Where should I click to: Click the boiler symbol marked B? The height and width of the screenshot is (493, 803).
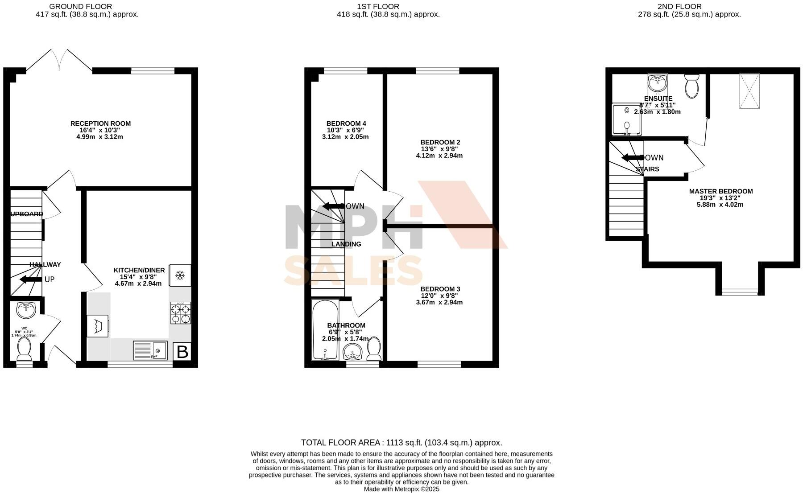click(x=182, y=352)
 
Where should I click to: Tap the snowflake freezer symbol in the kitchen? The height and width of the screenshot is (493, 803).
click(x=180, y=275)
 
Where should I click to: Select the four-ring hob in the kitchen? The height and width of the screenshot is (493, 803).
click(x=180, y=313)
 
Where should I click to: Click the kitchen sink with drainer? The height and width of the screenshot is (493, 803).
click(x=150, y=350)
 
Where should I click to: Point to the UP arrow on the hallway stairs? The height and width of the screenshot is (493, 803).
click(x=29, y=279)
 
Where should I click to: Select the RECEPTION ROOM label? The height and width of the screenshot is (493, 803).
click(x=100, y=123)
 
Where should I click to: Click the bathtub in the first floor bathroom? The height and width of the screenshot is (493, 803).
click(x=324, y=330)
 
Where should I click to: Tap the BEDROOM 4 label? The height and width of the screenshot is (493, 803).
click(x=346, y=123)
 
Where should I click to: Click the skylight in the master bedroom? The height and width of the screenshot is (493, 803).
click(x=749, y=91)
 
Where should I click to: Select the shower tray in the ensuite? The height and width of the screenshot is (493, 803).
click(x=627, y=119)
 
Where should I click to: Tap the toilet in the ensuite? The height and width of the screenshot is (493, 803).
click(x=692, y=86)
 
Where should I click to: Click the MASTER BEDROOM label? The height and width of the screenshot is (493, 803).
click(x=720, y=191)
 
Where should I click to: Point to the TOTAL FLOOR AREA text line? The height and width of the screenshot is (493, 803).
click(x=401, y=443)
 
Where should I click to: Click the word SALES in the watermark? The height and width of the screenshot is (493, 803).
click(x=353, y=271)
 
